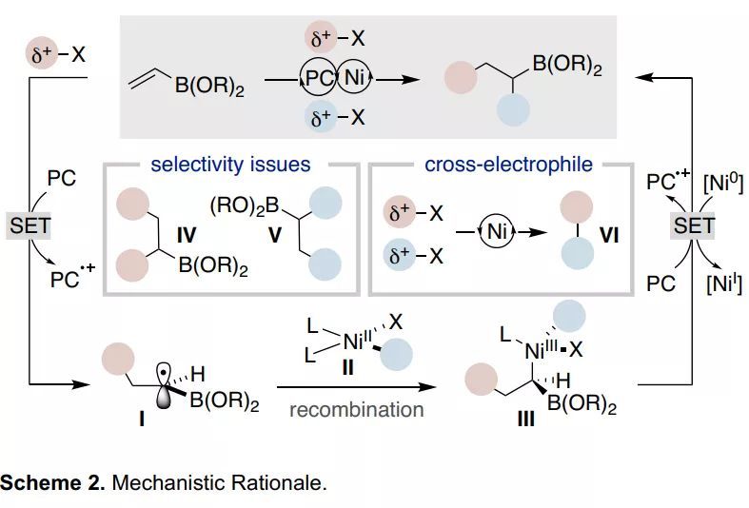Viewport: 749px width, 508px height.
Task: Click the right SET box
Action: [694, 225]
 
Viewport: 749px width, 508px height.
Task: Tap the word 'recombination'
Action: [356, 410]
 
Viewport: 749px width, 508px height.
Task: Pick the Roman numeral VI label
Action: [609, 233]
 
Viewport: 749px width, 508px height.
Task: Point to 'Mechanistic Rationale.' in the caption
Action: [219, 482]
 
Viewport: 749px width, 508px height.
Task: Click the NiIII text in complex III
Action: [542, 352]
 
